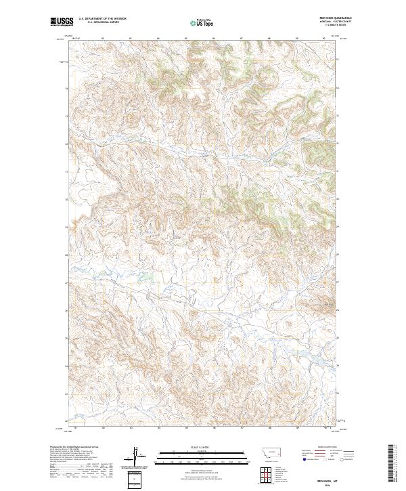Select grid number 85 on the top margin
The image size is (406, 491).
[186, 39]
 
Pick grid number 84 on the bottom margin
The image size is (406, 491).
[158, 428]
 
